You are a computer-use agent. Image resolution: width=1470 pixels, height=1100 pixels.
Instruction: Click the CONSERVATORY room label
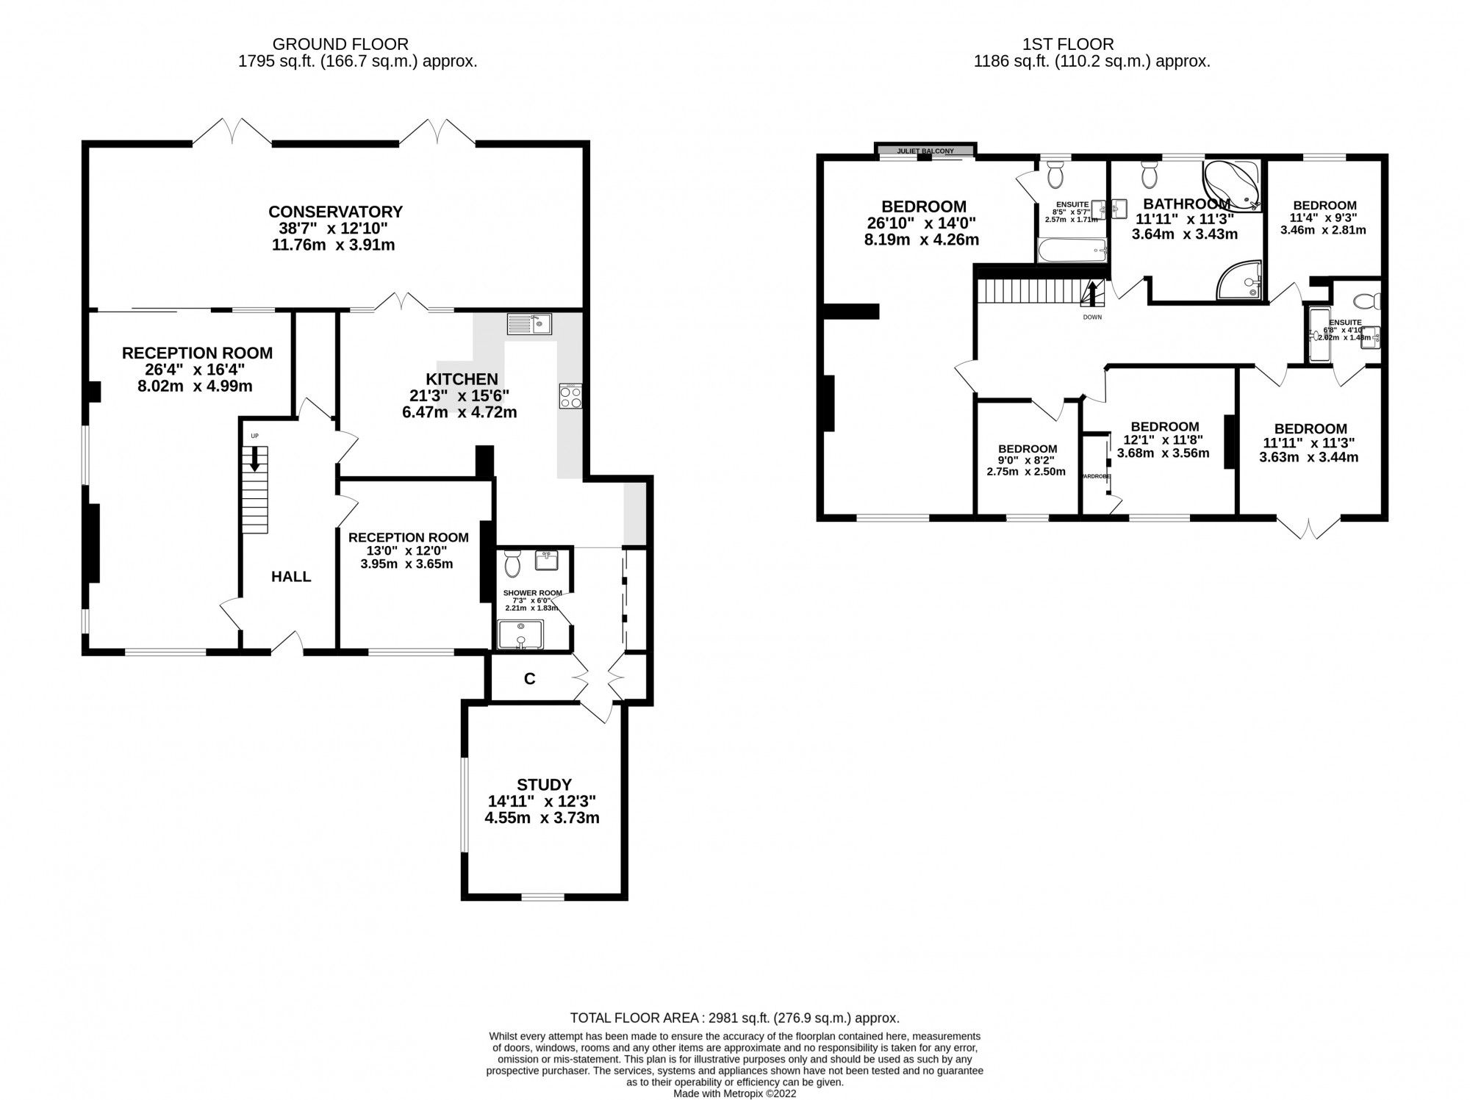click(x=335, y=212)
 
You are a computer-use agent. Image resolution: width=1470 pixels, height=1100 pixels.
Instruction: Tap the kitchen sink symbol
click(x=528, y=323)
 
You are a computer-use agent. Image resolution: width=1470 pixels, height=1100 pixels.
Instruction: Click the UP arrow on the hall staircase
click(x=254, y=459)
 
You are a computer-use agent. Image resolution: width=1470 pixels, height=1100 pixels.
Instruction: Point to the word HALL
click(x=291, y=577)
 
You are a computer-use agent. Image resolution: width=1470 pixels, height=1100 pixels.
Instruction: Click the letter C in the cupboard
click(x=529, y=679)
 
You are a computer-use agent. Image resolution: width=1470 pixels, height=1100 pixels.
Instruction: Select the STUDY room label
click(x=543, y=785)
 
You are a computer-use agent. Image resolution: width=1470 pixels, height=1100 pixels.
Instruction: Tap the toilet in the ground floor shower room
click(x=513, y=564)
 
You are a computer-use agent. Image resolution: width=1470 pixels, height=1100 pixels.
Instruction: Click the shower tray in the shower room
click(x=520, y=634)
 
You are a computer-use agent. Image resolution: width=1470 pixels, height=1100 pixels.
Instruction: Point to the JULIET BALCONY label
click(x=925, y=151)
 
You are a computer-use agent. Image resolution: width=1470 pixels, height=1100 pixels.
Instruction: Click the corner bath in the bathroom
click(x=1232, y=185)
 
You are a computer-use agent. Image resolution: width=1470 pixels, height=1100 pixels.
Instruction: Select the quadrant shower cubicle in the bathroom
click(x=1241, y=281)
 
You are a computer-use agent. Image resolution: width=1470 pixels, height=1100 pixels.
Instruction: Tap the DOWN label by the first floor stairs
click(x=1092, y=317)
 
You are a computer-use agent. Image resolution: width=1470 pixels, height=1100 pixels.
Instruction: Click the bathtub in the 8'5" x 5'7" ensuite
click(x=1072, y=251)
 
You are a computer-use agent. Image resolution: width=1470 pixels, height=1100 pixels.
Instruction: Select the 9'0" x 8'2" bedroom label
click(x=1027, y=449)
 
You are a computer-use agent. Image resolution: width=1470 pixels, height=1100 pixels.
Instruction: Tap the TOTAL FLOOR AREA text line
click(x=734, y=1018)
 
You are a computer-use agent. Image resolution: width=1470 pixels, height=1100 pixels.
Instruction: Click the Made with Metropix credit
click(x=734, y=1093)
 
